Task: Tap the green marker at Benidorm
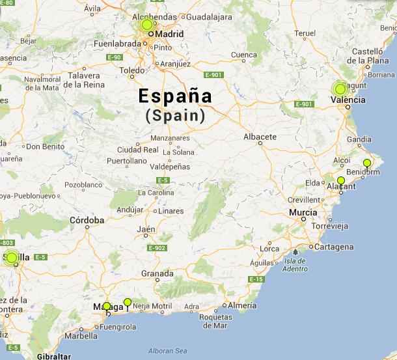[x=367, y=163]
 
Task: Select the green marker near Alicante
[x=341, y=180]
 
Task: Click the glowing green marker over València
[x=339, y=89]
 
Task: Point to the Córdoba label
[x=87, y=220]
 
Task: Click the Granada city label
[x=157, y=274]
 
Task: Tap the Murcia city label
[x=303, y=213]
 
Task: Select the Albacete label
[x=260, y=137]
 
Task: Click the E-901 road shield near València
[x=304, y=104]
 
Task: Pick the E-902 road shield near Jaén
[x=157, y=248]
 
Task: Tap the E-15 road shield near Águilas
[x=256, y=279]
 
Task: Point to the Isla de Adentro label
[x=295, y=265]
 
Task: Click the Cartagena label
[x=334, y=247]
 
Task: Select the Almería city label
[x=243, y=305]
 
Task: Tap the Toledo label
[x=131, y=70]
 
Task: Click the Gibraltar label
[x=53, y=357]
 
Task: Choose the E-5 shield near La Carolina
[x=163, y=180]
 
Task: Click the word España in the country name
[x=175, y=96]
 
